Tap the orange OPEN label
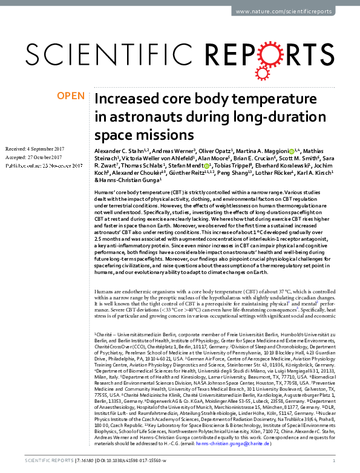click(70, 96)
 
